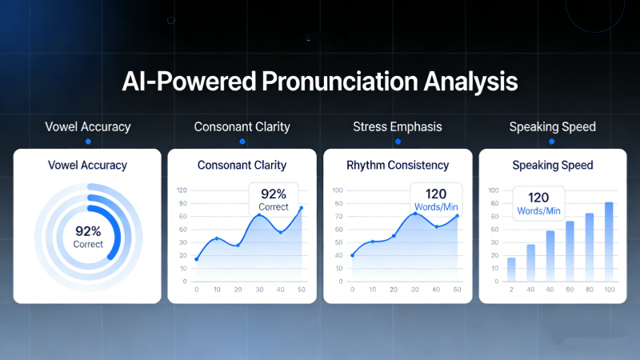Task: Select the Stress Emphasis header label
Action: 398,126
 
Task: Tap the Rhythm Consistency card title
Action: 398,166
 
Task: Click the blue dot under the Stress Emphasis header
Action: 398,142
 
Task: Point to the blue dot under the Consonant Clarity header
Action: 242,142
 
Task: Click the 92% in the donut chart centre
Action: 88,231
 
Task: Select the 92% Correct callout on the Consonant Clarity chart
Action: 274,198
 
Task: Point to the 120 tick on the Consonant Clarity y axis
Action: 182,190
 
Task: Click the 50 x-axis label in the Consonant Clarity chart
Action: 301,290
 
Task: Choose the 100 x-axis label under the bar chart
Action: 610,290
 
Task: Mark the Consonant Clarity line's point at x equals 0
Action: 197,259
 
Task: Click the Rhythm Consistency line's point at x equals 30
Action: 414,214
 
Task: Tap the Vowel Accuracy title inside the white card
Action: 87,166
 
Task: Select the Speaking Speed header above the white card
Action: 552,126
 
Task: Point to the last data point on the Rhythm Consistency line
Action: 457,216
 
